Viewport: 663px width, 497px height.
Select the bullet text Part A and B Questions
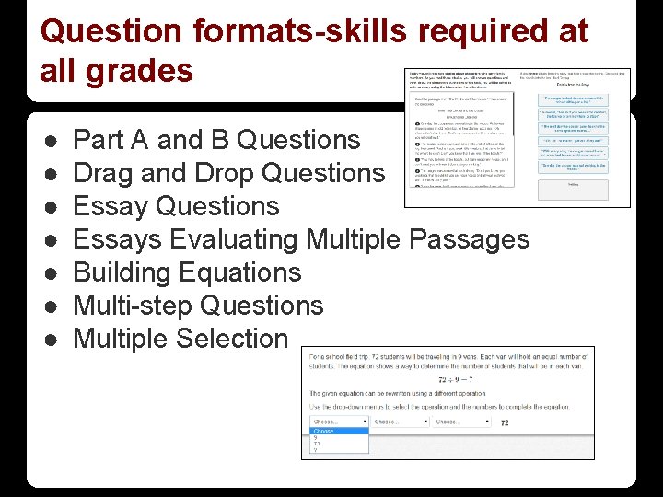(x=216, y=140)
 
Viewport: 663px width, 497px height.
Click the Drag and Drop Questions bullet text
(x=228, y=173)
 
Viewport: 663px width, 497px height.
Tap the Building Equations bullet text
(x=187, y=272)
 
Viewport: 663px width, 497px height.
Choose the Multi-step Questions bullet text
(x=198, y=306)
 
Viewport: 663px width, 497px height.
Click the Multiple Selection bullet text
(x=180, y=339)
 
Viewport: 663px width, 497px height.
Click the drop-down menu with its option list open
(x=340, y=422)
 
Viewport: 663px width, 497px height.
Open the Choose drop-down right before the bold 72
(x=461, y=422)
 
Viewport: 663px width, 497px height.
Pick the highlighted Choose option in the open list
(x=326, y=430)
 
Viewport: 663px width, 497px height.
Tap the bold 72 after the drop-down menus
(x=504, y=422)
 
